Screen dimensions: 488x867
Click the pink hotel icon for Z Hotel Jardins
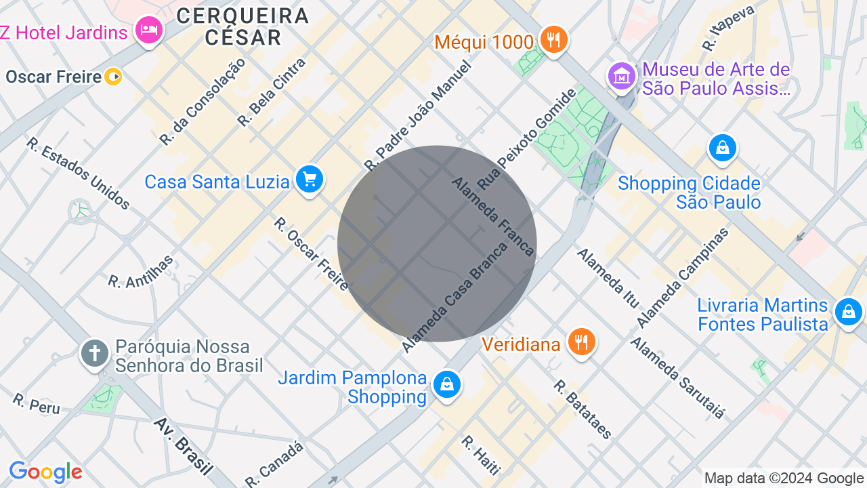coord(148,30)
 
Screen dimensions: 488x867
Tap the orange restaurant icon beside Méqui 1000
coord(554,40)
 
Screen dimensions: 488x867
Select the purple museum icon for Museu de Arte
coord(621,77)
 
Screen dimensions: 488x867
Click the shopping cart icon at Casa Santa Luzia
coord(310,180)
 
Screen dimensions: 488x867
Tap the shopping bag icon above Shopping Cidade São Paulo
coord(722,148)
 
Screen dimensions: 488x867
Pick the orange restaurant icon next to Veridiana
coord(580,342)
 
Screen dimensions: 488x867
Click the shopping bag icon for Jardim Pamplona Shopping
coord(446,385)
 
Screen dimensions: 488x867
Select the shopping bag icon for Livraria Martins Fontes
coord(847,312)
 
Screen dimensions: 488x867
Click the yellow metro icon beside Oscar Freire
coord(113,77)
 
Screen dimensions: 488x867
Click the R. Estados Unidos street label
coord(78,174)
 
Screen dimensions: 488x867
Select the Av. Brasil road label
coord(183,445)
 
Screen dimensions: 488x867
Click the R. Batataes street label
coord(583,409)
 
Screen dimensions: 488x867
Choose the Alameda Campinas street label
coord(682,277)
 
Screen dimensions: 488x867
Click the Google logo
coord(45,472)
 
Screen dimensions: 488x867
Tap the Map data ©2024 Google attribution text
coord(784,479)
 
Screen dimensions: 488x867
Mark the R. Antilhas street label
coord(141,272)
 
